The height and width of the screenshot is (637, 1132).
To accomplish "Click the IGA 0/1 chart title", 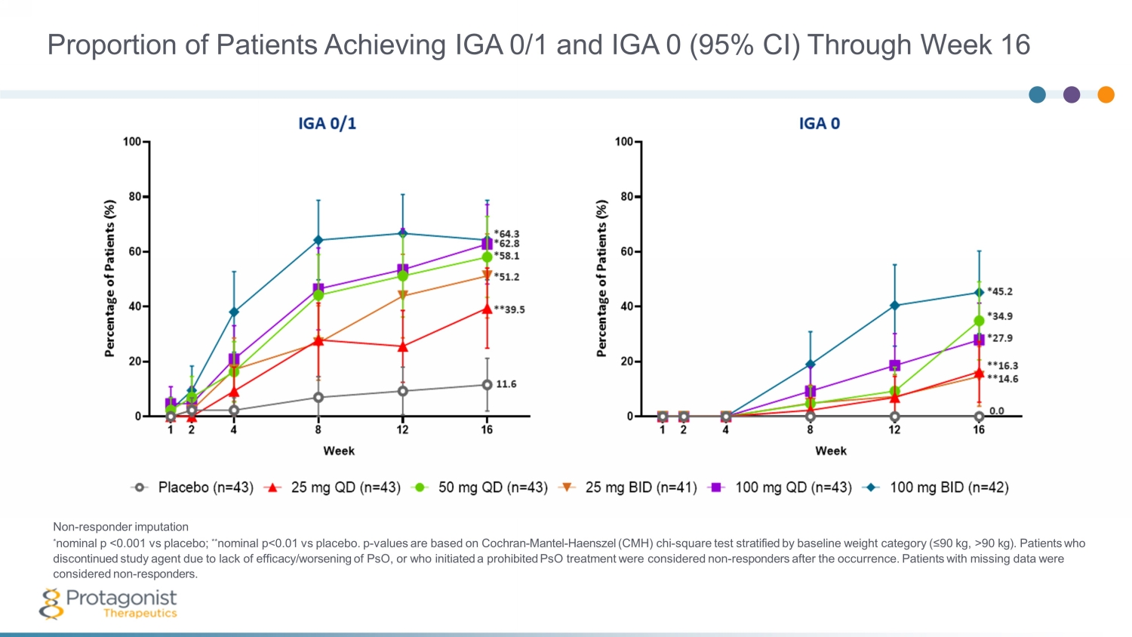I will pos(327,123).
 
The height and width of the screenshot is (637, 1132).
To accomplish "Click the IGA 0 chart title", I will pos(819,123).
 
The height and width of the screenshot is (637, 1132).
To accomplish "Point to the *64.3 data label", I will pos(506,234).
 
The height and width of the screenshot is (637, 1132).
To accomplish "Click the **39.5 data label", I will pos(509,309).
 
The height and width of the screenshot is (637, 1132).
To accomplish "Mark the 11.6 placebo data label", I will pos(506,384).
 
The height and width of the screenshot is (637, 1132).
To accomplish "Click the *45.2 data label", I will pos(1000,291).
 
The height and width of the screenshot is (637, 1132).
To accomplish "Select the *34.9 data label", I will pos(1000,316).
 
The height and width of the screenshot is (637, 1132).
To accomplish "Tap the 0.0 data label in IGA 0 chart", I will pos(997,411).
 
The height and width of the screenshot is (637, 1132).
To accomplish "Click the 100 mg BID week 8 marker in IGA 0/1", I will pos(318,240).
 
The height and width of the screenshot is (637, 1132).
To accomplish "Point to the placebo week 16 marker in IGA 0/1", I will pos(487,385).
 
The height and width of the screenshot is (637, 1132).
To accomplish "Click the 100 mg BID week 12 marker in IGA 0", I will pos(895,306).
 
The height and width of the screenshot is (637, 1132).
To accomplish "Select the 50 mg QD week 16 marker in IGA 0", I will pos(979,321).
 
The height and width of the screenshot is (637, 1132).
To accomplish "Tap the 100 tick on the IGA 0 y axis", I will pos(624,142).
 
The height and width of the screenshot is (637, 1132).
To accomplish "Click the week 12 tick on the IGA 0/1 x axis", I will pos(402,429).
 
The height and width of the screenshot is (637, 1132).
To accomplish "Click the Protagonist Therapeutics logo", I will pos(109,604).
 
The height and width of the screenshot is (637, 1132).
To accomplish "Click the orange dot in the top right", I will pos(1106,94).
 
